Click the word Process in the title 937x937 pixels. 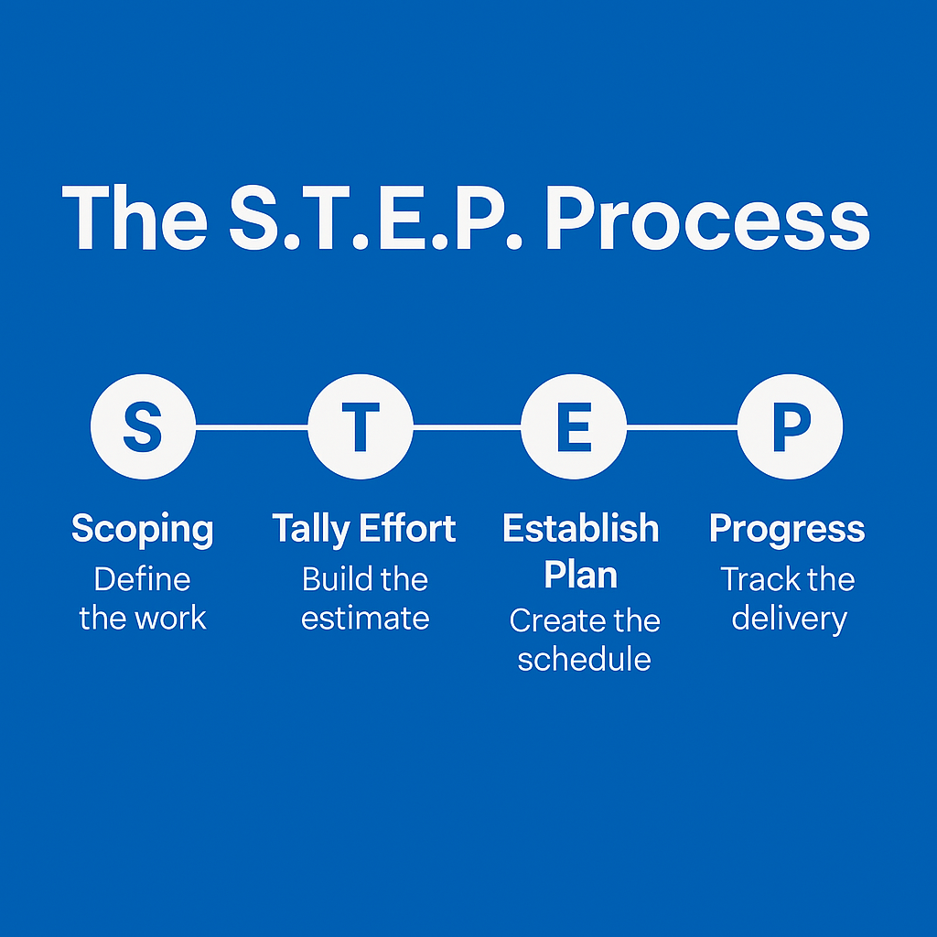click(x=706, y=219)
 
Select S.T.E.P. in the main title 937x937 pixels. click(x=375, y=219)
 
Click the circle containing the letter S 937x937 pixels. click(x=143, y=426)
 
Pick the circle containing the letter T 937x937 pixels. click(x=360, y=426)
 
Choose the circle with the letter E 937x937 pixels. click(x=574, y=426)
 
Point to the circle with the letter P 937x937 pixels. click(x=790, y=426)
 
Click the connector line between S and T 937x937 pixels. click(x=251, y=426)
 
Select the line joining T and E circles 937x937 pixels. click(x=467, y=426)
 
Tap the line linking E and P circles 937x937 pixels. click(x=682, y=426)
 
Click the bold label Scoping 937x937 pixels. click(x=143, y=530)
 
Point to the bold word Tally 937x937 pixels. click(x=310, y=530)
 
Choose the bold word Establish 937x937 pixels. click(x=580, y=528)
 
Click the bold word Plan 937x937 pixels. click(x=580, y=575)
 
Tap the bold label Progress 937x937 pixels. click(x=787, y=530)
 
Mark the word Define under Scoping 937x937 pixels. click(x=143, y=579)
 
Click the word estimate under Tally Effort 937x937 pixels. click(x=365, y=619)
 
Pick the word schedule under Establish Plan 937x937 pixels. click(x=584, y=660)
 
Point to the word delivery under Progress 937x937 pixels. click(x=789, y=619)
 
